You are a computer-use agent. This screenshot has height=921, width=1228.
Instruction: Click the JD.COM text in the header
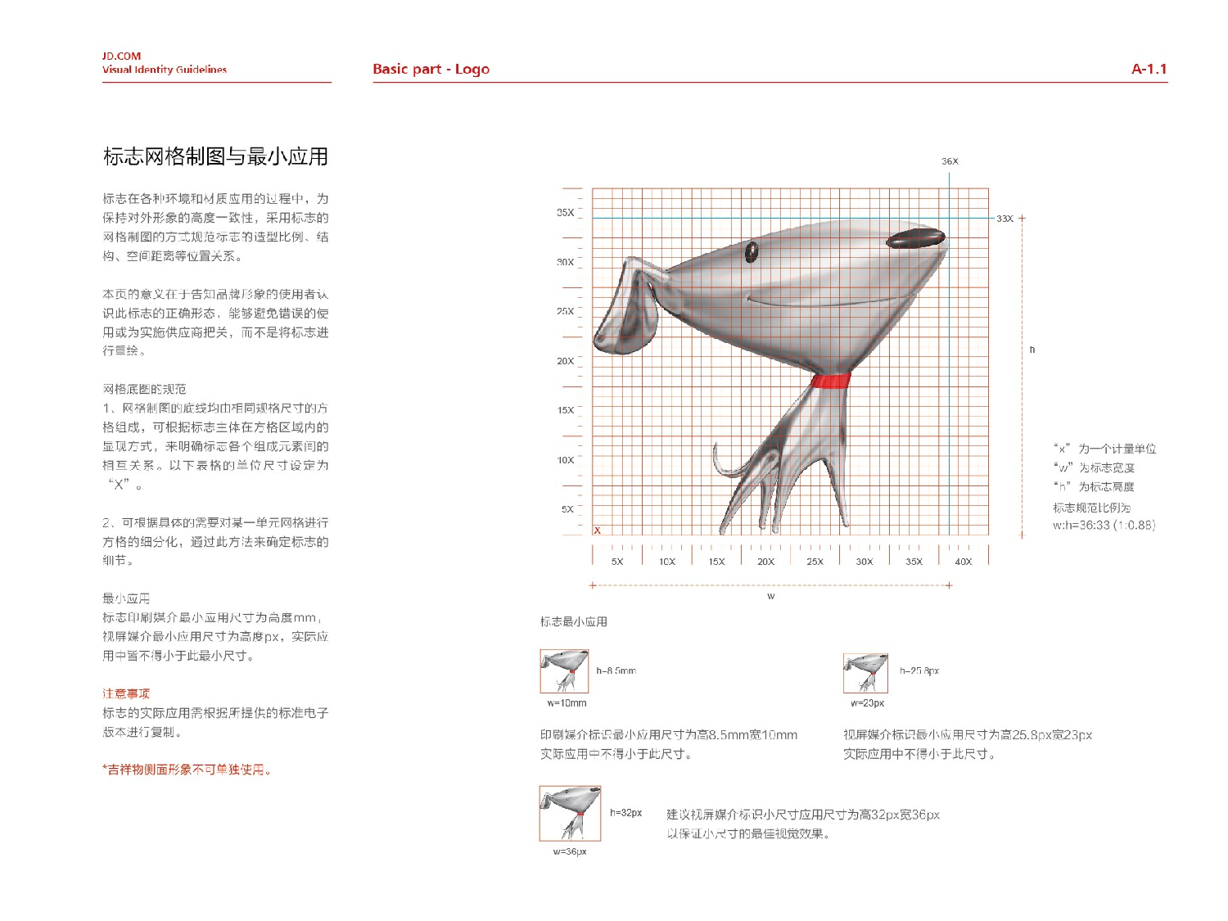point(121,56)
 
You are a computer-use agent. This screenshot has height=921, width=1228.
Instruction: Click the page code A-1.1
point(1149,69)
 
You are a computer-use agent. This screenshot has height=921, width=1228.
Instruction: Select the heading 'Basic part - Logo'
point(431,69)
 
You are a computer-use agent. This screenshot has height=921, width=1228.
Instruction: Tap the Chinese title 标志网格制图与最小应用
point(215,156)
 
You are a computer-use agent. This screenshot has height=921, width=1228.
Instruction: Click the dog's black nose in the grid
point(915,238)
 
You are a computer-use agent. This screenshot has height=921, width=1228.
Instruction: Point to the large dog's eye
point(752,252)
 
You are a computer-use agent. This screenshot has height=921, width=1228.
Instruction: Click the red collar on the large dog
point(831,381)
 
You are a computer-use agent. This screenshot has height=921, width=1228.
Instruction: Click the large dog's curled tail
point(725,463)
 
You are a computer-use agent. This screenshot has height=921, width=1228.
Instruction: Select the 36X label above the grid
point(950,161)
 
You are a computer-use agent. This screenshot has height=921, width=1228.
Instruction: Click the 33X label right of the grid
point(1005,219)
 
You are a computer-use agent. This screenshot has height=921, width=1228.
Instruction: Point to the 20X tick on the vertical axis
point(565,361)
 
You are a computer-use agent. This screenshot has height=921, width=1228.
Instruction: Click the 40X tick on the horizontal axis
point(963,562)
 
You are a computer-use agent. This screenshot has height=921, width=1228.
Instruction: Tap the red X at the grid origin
point(598,530)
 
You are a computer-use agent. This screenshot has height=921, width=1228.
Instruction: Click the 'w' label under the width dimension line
point(770,596)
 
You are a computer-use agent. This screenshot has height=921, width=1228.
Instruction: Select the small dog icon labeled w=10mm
point(564,670)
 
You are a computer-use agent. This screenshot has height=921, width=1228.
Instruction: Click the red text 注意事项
point(126,693)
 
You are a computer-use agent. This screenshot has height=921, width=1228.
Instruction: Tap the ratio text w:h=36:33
point(1104,525)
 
